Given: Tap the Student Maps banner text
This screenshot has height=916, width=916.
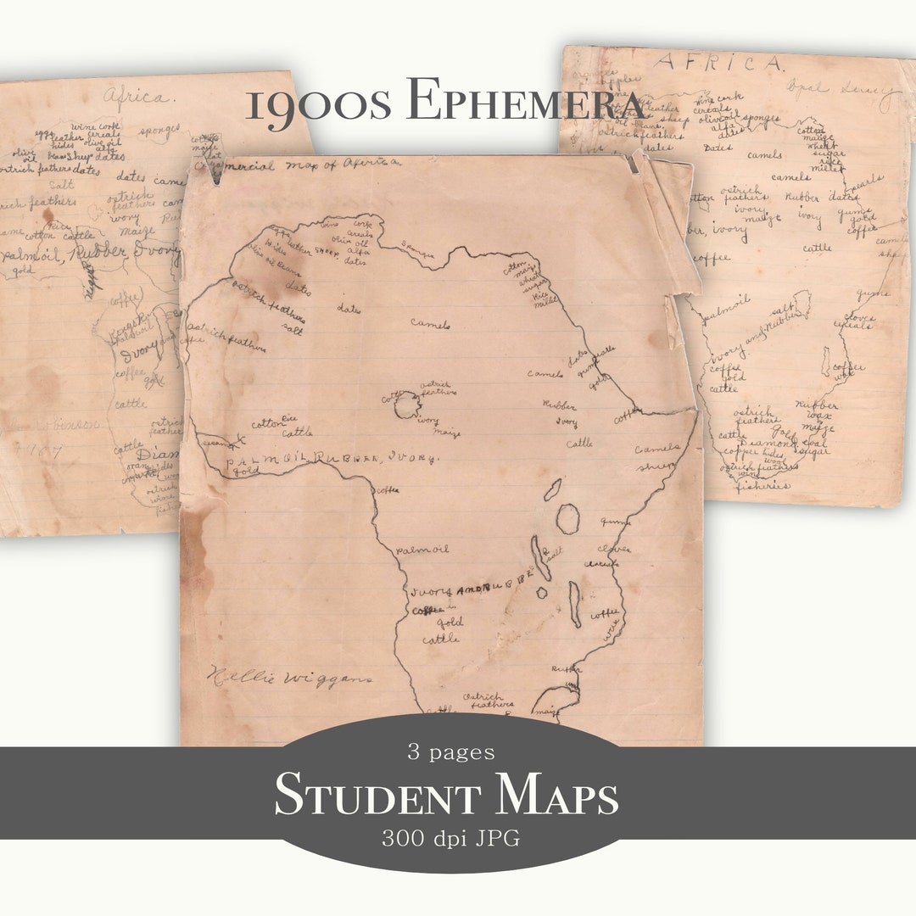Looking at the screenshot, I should coord(446,796).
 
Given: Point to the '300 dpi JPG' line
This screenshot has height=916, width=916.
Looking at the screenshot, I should coord(450,839).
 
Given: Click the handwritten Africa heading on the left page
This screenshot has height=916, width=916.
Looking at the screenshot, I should coord(135,96).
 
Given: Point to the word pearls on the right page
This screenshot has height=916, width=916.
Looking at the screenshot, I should coord(864,182).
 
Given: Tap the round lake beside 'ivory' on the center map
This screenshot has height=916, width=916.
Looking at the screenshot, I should coord(407,405).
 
